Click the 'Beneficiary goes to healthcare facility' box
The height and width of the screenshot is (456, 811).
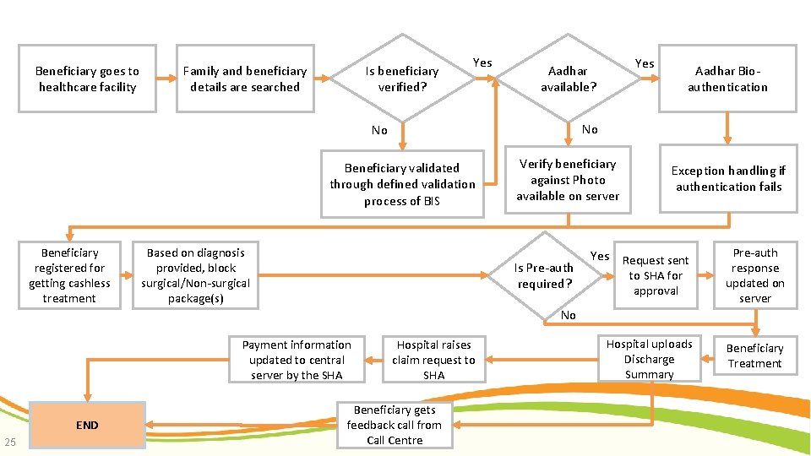pyautogui.click(x=87, y=79)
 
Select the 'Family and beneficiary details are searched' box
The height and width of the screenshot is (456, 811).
pyautogui.click(x=245, y=79)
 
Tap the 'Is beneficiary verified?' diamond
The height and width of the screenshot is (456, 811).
pyautogui.click(x=402, y=79)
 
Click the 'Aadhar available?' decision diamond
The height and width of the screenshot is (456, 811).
pyautogui.click(x=568, y=79)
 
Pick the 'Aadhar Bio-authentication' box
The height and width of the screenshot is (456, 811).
pyautogui.click(x=727, y=79)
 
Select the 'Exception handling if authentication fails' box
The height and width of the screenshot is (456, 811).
pyautogui.click(x=728, y=179)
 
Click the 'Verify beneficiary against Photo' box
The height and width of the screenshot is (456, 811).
pyautogui.click(x=568, y=180)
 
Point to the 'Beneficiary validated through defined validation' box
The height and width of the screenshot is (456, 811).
pyautogui.click(x=402, y=184)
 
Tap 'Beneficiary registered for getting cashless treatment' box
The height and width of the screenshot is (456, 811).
pyautogui.click(x=69, y=275)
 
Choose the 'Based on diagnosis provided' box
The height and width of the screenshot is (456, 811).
pyautogui.click(x=195, y=275)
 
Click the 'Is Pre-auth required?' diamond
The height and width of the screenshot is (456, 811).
pyautogui.click(x=545, y=275)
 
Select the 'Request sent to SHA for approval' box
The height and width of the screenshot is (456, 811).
pyautogui.click(x=656, y=275)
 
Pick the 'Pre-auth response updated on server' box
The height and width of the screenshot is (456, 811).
pyautogui.click(x=754, y=275)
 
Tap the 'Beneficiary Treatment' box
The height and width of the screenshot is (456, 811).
pyautogui.click(x=754, y=356)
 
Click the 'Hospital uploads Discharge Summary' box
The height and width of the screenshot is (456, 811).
pyautogui.click(x=649, y=359)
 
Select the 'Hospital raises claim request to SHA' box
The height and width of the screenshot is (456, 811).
pyautogui.click(x=433, y=360)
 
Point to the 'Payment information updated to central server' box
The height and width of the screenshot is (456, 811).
pyautogui.click(x=297, y=360)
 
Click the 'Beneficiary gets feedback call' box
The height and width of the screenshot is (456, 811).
pyautogui.click(x=395, y=425)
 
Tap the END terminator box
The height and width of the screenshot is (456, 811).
pyautogui.click(x=87, y=425)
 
